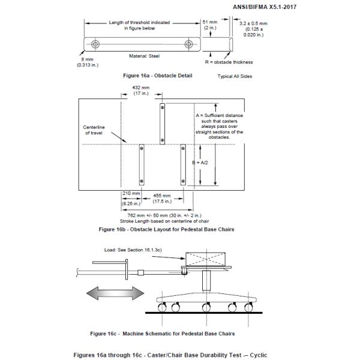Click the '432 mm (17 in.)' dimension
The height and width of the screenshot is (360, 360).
142,90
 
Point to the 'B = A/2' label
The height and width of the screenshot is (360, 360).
205,163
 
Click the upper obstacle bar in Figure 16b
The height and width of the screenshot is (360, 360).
162,123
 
